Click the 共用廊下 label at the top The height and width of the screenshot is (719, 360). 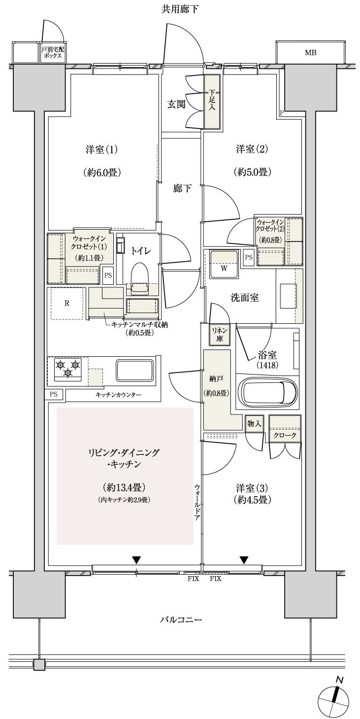[x=180, y=8]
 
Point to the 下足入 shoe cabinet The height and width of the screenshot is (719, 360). [x=212, y=102]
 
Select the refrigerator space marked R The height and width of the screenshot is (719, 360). [x=66, y=303]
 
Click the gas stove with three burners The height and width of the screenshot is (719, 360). [x=67, y=370]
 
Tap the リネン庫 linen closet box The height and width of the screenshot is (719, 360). [x=217, y=335]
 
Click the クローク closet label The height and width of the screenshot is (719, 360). [x=284, y=436]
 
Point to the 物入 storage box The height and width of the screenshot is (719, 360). [x=254, y=423]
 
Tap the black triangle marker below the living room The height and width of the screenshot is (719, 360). [x=136, y=560]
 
